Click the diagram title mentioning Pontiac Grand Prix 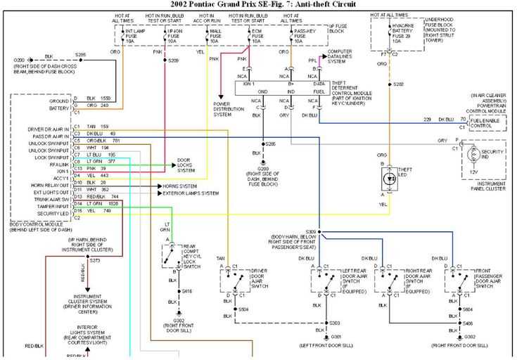tap(259, 5)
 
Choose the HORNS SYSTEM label tap(179, 186)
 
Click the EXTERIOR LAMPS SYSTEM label tap(190, 193)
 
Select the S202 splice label tap(399, 84)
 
